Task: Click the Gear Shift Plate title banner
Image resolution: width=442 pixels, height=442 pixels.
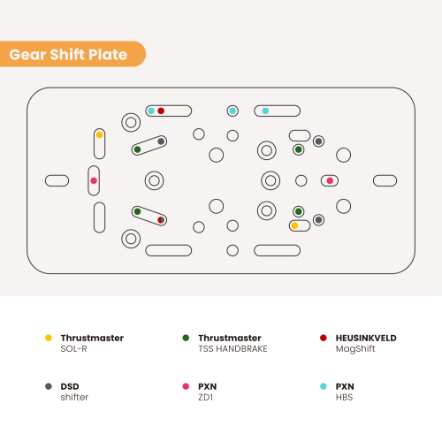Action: pyautogui.click(x=72, y=54)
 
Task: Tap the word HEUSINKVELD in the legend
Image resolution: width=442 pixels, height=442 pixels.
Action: pyautogui.click(x=366, y=338)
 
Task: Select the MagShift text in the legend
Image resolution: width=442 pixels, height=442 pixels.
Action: pyautogui.click(x=355, y=349)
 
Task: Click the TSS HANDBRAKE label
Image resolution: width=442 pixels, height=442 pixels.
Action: pyautogui.click(x=232, y=349)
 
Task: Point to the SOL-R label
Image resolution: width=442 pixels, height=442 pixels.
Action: pyautogui.click(x=73, y=349)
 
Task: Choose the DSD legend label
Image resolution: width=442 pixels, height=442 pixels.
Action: pyautogui.click(x=70, y=386)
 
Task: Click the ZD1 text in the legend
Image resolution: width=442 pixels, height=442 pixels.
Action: pyautogui.click(x=205, y=397)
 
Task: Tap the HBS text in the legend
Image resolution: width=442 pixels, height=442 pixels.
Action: pyautogui.click(x=344, y=397)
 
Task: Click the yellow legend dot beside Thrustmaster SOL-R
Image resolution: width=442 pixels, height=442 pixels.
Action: pyautogui.click(x=49, y=338)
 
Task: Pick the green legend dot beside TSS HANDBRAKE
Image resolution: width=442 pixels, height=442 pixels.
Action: pyautogui.click(x=186, y=338)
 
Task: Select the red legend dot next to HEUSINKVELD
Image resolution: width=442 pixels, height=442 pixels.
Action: pyautogui.click(x=324, y=338)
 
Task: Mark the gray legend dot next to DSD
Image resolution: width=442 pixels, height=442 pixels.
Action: pyautogui.click(x=49, y=386)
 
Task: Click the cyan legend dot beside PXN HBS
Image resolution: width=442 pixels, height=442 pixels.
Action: pyautogui.click(x=324, y=386)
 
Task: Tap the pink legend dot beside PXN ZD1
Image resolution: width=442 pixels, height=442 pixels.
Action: pyautogui.click(x=186, y=386)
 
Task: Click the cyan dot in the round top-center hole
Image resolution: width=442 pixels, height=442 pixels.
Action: pyautogui.click(x=232, y=110)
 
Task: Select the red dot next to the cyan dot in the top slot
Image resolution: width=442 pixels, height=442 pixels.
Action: pyautogui.click(x=161, y=110)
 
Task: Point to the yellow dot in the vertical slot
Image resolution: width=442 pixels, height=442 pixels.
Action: pyautogui.click(x=100, y=135)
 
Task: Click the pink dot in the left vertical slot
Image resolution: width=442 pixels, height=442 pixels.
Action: pyautogui.click(x=94, y=180)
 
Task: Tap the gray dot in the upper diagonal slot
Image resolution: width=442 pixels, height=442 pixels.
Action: pyautogui.click(x=161, y=141)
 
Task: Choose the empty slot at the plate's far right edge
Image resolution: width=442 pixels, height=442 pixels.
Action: pyautogui.click(x=385, y=180)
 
